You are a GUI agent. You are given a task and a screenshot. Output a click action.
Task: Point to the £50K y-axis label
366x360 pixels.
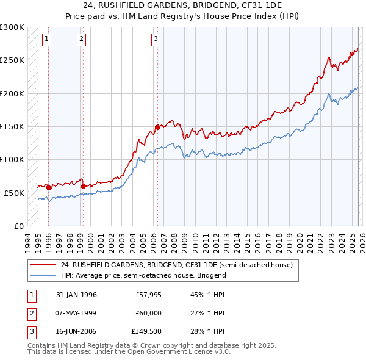(x=14, y=193)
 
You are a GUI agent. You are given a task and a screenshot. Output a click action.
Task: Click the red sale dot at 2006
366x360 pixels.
(x=157, y=127)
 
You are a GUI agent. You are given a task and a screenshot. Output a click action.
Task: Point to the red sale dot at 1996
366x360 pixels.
(x=49, y=187)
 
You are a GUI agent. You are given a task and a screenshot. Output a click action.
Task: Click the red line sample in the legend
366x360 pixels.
(x=43, y=265)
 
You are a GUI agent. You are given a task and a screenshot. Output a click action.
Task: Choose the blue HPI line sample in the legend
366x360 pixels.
(x=43, y=275)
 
